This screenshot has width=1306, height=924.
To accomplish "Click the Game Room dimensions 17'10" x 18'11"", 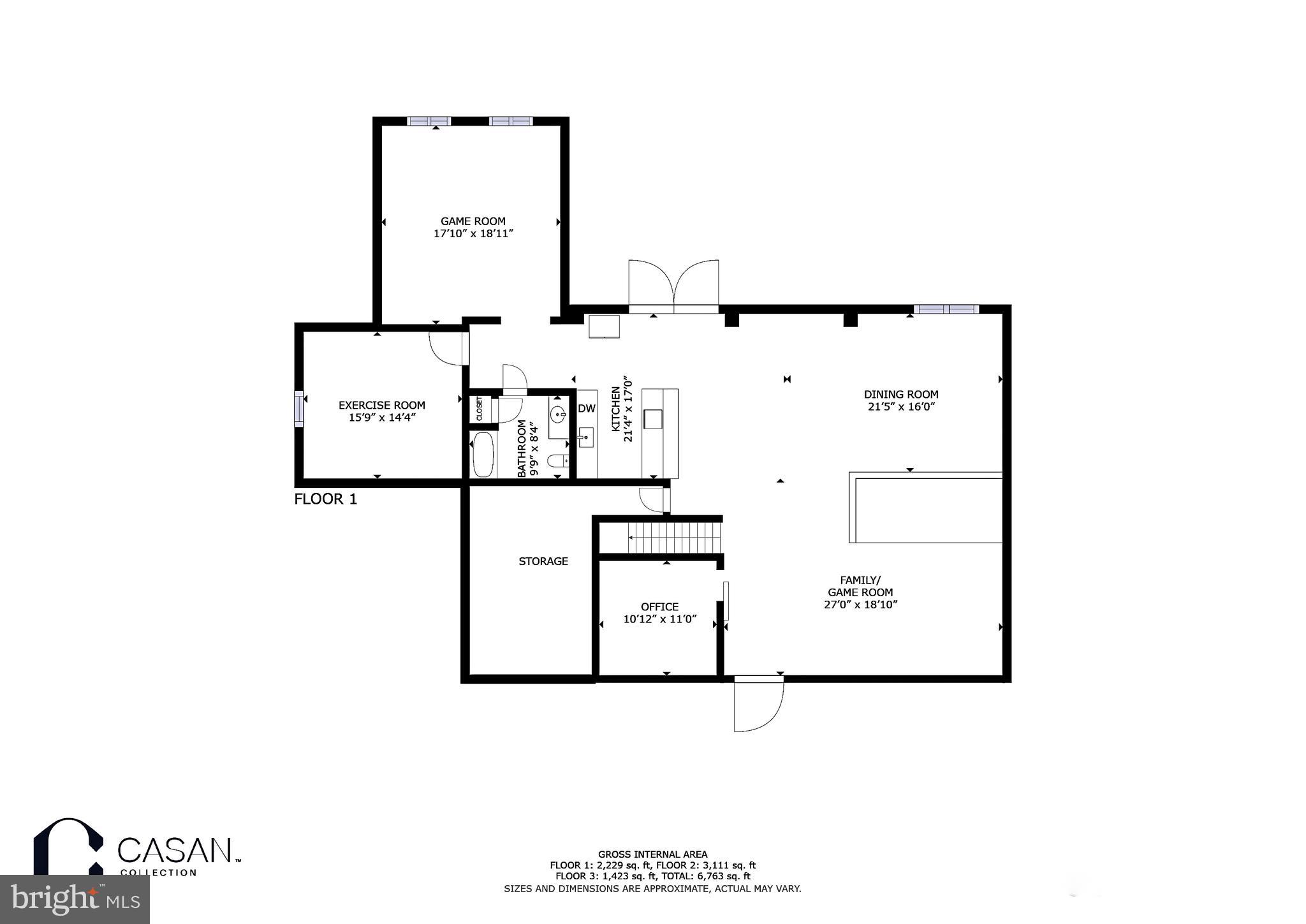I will click(x=473, y=234).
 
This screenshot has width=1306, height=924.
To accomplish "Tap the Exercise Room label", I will click(x=381, y=405).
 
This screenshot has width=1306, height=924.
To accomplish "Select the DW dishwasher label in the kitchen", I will click(x=586, y=409).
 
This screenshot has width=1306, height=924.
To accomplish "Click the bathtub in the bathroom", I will click(x=483, y=455).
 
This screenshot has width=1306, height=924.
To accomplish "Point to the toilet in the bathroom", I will click(x=559, y=460).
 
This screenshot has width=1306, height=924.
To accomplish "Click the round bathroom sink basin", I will click(x=558, y=415).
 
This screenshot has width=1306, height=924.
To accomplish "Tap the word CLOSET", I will click(x=479, y=409).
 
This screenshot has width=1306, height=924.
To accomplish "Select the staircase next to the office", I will click(x=675, y=538).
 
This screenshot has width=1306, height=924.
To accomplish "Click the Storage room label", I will click(x=543, y=561).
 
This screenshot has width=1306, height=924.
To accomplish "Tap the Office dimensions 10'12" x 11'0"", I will click(x=659, y=619).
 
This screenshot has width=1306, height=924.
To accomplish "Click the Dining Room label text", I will click(x=900, y=394).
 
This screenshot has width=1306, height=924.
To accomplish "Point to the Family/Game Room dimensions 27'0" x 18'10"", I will click(x=860, y=605).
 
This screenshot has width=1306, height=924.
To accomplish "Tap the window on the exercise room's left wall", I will click(x=298, y=409).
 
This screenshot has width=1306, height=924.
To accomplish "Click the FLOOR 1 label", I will click(x=325, y=499).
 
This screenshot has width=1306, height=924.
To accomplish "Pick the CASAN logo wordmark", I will click(x=174, y=851).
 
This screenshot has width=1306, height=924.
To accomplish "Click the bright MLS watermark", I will click(x=75, y=899).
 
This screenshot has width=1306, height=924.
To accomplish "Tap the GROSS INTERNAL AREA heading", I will click(x=652, y=854).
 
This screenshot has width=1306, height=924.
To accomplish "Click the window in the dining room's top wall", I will click(x=946, y=309).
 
